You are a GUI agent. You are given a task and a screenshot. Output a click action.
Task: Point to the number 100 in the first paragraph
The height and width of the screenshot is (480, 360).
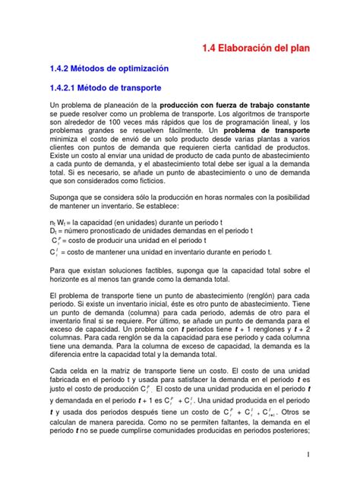114,122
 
